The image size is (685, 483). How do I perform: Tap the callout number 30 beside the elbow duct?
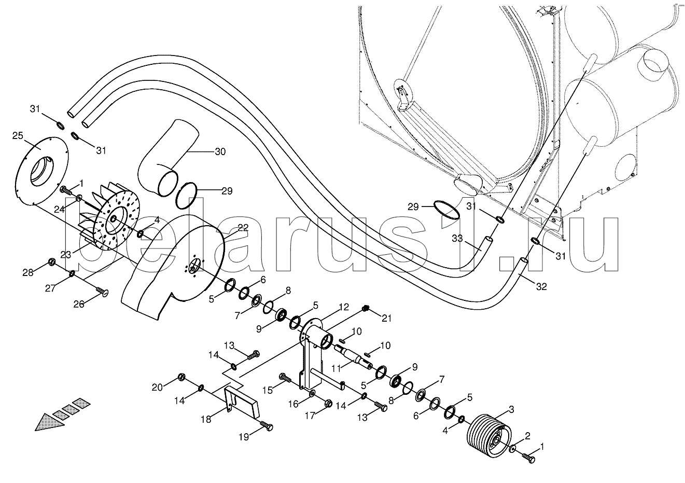[220, 151]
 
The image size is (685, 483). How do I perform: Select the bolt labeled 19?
[266, 426]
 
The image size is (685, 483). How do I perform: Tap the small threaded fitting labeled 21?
[365, 310]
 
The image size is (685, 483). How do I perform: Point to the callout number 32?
[541, 286]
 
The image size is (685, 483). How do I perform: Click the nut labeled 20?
[181, 376]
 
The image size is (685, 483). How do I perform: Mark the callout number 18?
[206, 419]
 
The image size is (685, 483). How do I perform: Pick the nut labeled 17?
[328, 403]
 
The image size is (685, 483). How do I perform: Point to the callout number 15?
[267, 389]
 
